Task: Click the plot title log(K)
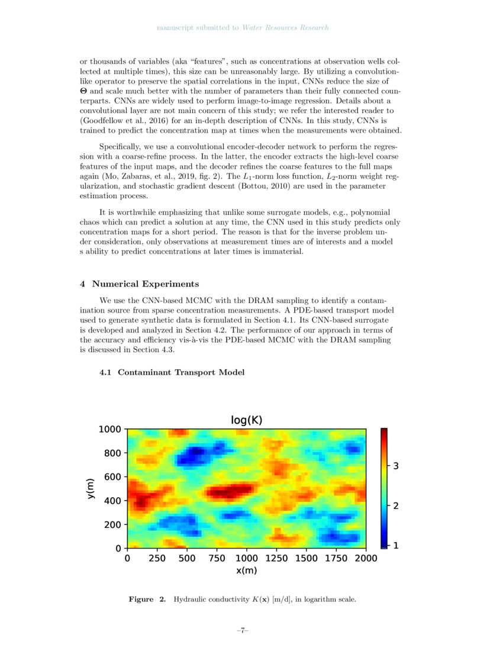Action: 246,420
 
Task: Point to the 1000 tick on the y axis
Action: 109,429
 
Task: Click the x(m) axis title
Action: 246,571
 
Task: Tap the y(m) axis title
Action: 90,489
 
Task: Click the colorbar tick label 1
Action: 395,546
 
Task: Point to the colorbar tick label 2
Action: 395,507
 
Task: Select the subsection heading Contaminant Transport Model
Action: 181,372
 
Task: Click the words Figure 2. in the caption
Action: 147,600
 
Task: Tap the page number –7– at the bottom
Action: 242,631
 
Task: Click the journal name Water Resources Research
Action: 285,28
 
